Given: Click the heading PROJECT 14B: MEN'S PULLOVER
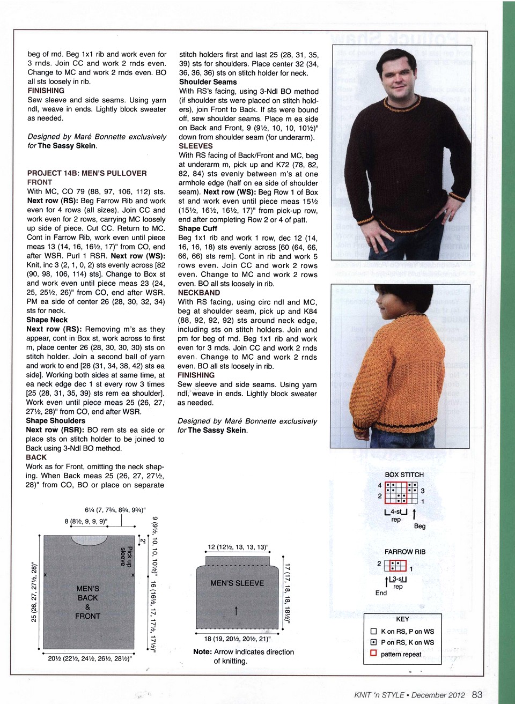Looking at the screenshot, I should point(87,173).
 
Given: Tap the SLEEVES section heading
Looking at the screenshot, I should point(195,146).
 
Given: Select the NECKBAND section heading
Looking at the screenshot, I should point(198,293).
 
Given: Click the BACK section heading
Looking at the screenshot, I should point(36,457).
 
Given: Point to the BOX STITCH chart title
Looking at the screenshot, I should point(404,475).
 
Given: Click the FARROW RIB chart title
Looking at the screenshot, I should point(404,552).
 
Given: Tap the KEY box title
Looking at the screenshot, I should point(402,619).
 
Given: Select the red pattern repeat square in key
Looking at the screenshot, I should point(373,654).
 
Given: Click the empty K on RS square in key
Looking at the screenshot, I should point(373,632).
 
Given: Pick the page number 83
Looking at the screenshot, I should point(477,694).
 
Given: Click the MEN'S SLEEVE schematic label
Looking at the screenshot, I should point(237,583).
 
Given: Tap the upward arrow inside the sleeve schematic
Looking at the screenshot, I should point(236,610).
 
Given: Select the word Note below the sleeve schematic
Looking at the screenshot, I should point(202,652).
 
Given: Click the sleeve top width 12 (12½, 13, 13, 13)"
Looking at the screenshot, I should point(238,547).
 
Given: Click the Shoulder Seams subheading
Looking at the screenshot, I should point(208,82).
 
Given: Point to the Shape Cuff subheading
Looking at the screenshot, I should point(197,228).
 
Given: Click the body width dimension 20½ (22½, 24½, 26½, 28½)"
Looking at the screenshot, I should point(90,659).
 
